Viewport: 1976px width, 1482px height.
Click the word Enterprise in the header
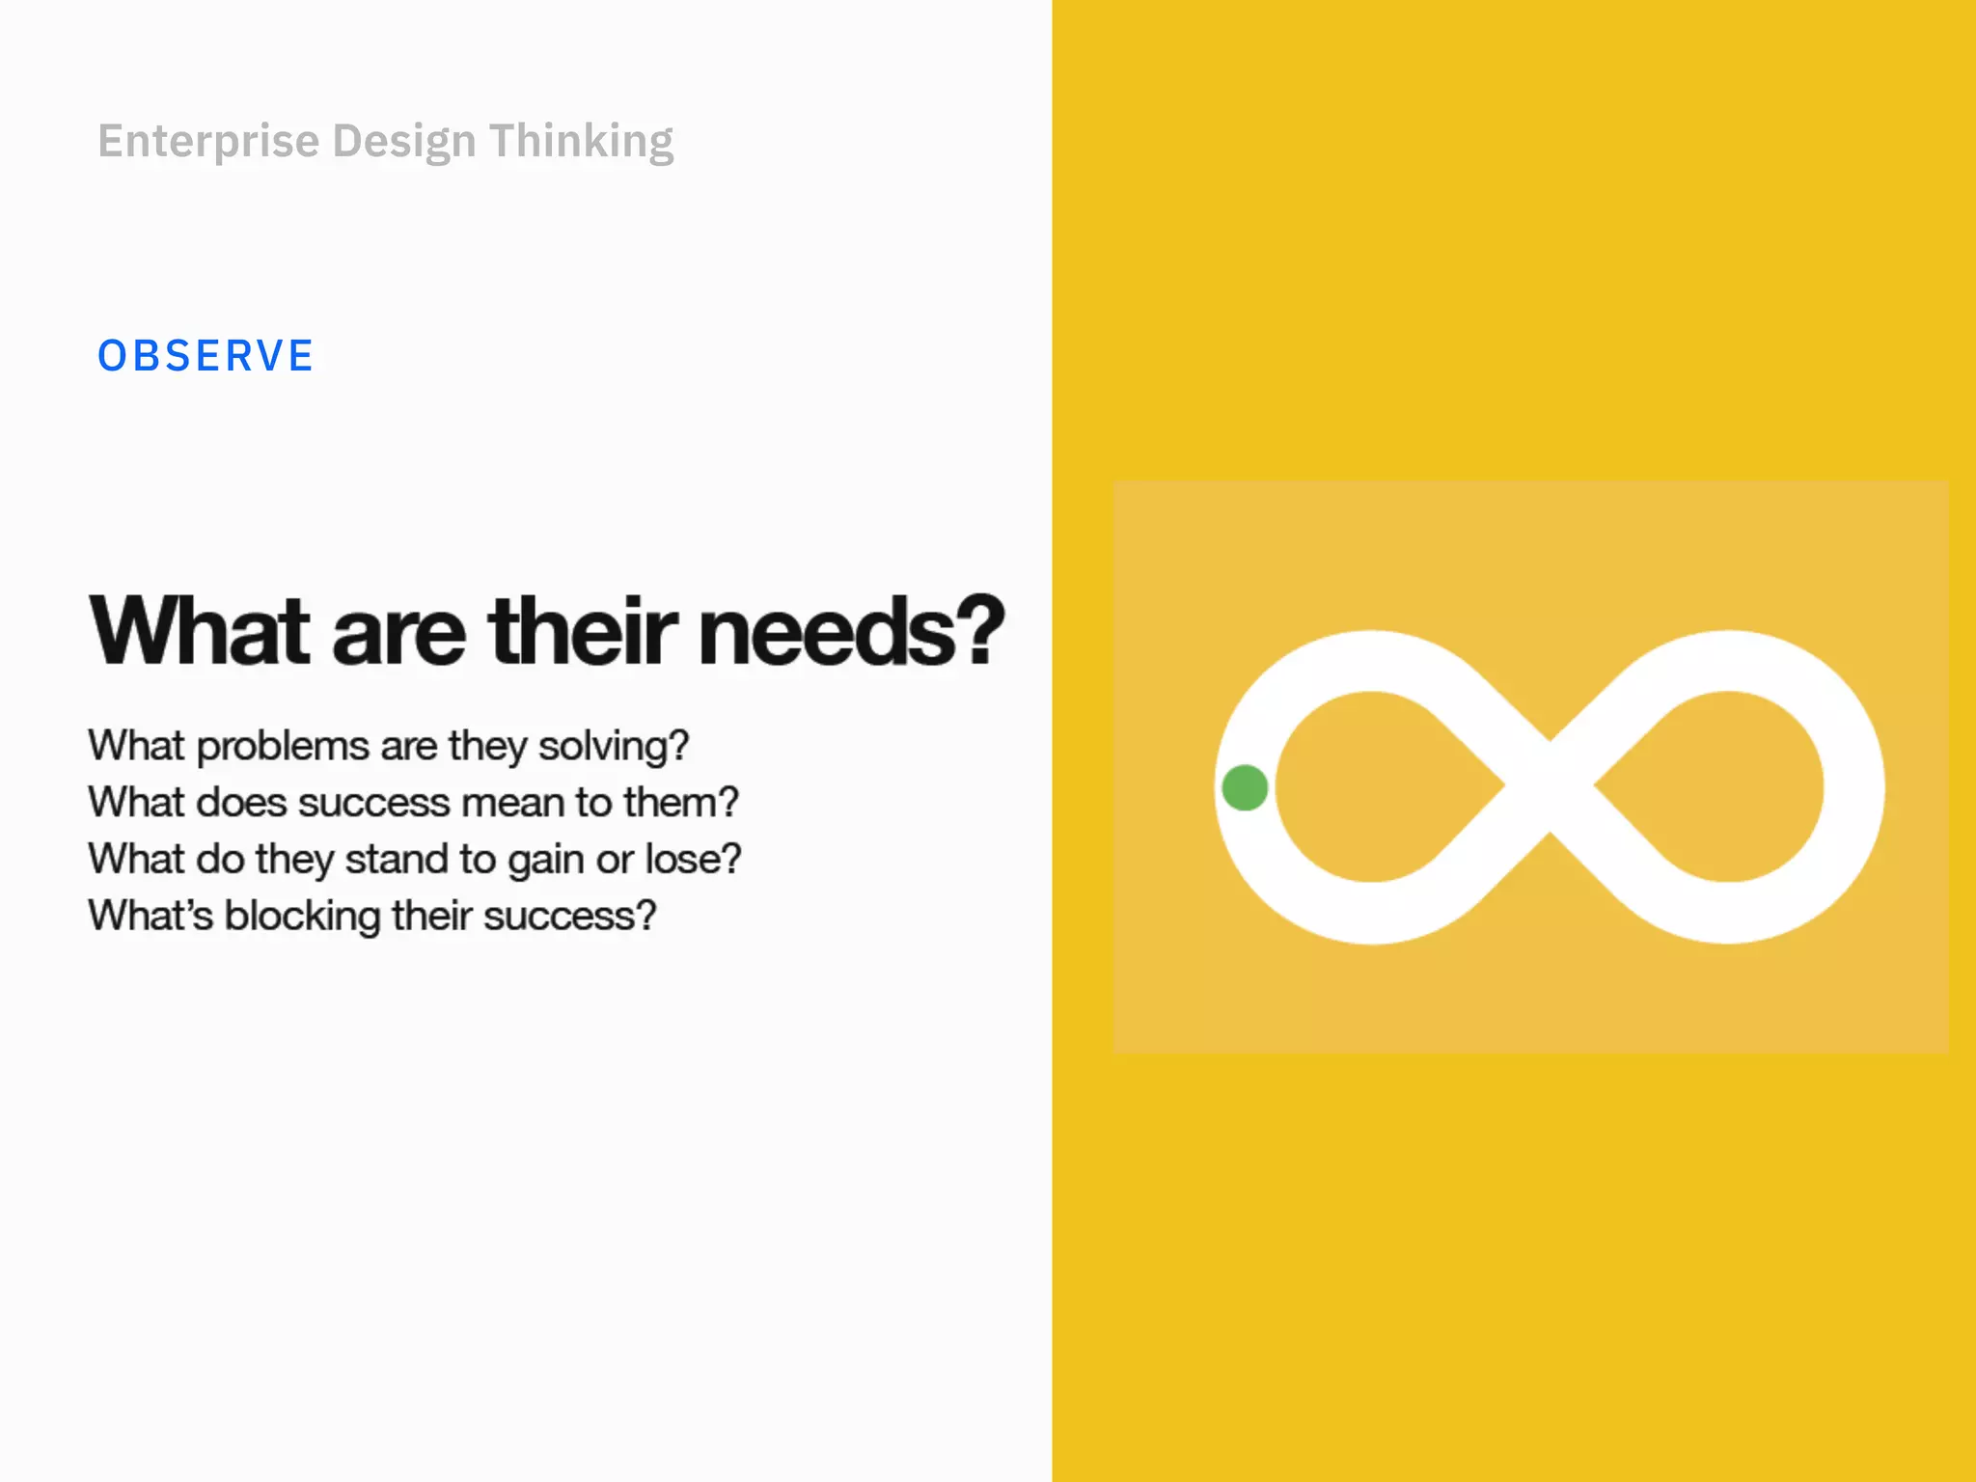click(208, 142)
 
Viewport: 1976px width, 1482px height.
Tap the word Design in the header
click(404, 142)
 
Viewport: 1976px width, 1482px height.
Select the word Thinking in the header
click(581, 142)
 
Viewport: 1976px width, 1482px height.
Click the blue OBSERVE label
click(206, 356)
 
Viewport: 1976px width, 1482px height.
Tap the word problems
click(283, 747)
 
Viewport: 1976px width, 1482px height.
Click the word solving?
click(614, 747)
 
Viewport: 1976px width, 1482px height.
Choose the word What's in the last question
click(151, 916)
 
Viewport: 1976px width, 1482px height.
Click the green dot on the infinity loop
click(1245, 787)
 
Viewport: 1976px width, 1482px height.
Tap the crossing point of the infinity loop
click(1550, 787)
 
